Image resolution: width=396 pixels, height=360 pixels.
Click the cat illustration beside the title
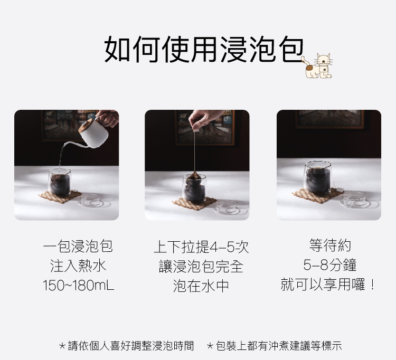(318, 65)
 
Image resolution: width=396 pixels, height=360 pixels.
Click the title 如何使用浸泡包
(204, 49)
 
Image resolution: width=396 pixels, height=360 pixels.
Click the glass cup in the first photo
(60, 183)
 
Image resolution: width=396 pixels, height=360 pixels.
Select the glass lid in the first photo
(91, 200)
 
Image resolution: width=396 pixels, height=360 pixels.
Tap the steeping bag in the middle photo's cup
(194, 176)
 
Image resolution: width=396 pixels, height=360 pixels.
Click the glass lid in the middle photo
(227, 207)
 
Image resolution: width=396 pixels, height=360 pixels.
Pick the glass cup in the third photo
(317, 178)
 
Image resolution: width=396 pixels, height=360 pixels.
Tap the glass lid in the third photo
(354, 199)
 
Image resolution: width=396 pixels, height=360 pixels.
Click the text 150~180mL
(79, 285)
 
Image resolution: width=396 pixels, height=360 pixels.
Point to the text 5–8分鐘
(329, 265)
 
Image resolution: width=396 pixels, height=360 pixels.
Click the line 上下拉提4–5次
(201, 247)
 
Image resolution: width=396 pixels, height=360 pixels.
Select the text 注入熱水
(78, 266)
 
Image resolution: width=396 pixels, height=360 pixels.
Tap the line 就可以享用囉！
(328, 285)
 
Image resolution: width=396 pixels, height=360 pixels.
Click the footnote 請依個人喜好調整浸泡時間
(126, 346)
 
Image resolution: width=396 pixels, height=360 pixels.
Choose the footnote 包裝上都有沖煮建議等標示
(274, 346)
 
